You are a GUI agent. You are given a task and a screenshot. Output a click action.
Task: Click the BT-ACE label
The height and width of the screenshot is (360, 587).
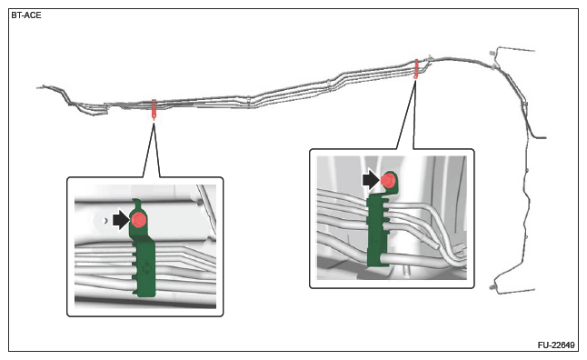[26, 15]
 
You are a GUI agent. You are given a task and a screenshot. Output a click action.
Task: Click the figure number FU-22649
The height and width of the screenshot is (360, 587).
[556, 345]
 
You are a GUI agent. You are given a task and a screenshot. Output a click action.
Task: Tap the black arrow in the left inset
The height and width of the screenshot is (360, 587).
[121, 220]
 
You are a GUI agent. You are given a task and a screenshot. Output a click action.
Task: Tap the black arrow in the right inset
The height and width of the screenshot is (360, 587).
[371, 180]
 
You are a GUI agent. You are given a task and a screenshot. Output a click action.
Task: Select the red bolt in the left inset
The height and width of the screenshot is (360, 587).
[139, 219]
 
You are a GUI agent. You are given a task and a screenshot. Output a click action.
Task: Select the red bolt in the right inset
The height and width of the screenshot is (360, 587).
[388, 181]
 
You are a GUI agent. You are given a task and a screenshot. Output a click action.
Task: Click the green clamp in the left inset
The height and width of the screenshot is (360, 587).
[144, 249]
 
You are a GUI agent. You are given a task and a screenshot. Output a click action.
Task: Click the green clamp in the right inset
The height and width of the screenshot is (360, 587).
[379, 221]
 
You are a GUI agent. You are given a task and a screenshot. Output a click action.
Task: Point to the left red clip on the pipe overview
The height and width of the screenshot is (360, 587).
[154, 109]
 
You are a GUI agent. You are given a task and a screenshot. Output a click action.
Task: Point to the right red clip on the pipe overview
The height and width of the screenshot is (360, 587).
[416, 68]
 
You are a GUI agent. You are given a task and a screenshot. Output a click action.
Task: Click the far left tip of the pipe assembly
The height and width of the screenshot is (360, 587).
[38, 87]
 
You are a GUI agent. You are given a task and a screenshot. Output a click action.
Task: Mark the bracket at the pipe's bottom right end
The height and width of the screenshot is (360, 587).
[512, 286]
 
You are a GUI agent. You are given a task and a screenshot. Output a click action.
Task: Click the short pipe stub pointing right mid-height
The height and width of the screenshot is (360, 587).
[540, 137]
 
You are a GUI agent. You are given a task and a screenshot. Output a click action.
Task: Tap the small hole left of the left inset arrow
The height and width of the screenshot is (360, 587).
[105, 220]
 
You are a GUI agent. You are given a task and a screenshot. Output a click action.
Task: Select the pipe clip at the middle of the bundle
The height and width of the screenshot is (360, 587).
[249, 102]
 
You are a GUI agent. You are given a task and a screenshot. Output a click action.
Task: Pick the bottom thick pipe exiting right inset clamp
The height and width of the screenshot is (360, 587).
[427, 259]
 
